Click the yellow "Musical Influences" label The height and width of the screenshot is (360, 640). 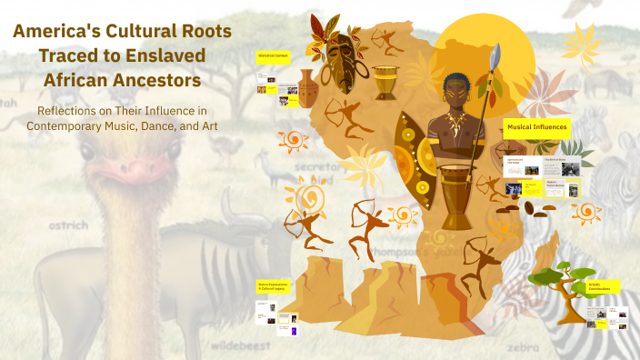coord(537,127)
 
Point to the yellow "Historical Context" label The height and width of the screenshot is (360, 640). coord(273,55)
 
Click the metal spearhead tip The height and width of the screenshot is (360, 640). coord(495,57)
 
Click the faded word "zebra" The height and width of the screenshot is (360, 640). coord(523,347)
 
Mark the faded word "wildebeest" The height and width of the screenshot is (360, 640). coord(243,346)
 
